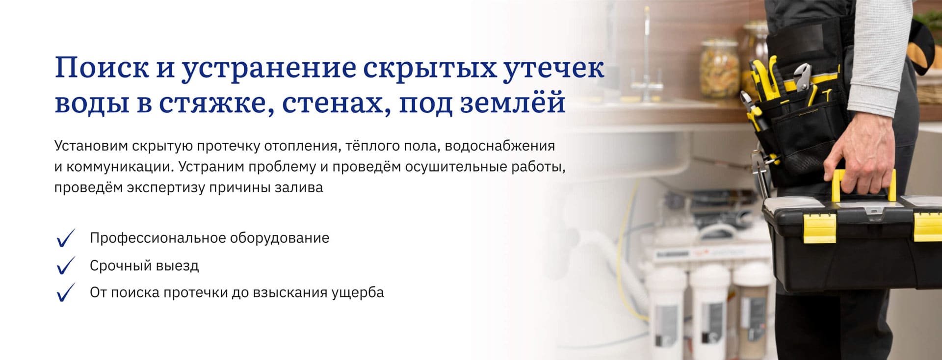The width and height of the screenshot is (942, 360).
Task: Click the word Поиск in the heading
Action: point(102,68)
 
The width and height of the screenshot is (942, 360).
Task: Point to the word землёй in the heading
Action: point(513,103)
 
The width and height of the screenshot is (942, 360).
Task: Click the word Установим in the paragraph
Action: point(91,146)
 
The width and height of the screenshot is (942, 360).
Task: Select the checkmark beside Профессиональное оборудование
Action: point(65,238)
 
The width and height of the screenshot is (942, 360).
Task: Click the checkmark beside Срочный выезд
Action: point(65,265)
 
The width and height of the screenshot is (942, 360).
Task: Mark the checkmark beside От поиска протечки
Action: point(65,292)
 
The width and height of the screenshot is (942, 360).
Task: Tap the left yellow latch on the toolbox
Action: point(819,228)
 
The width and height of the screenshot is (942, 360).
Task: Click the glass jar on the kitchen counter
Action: point(719,68)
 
